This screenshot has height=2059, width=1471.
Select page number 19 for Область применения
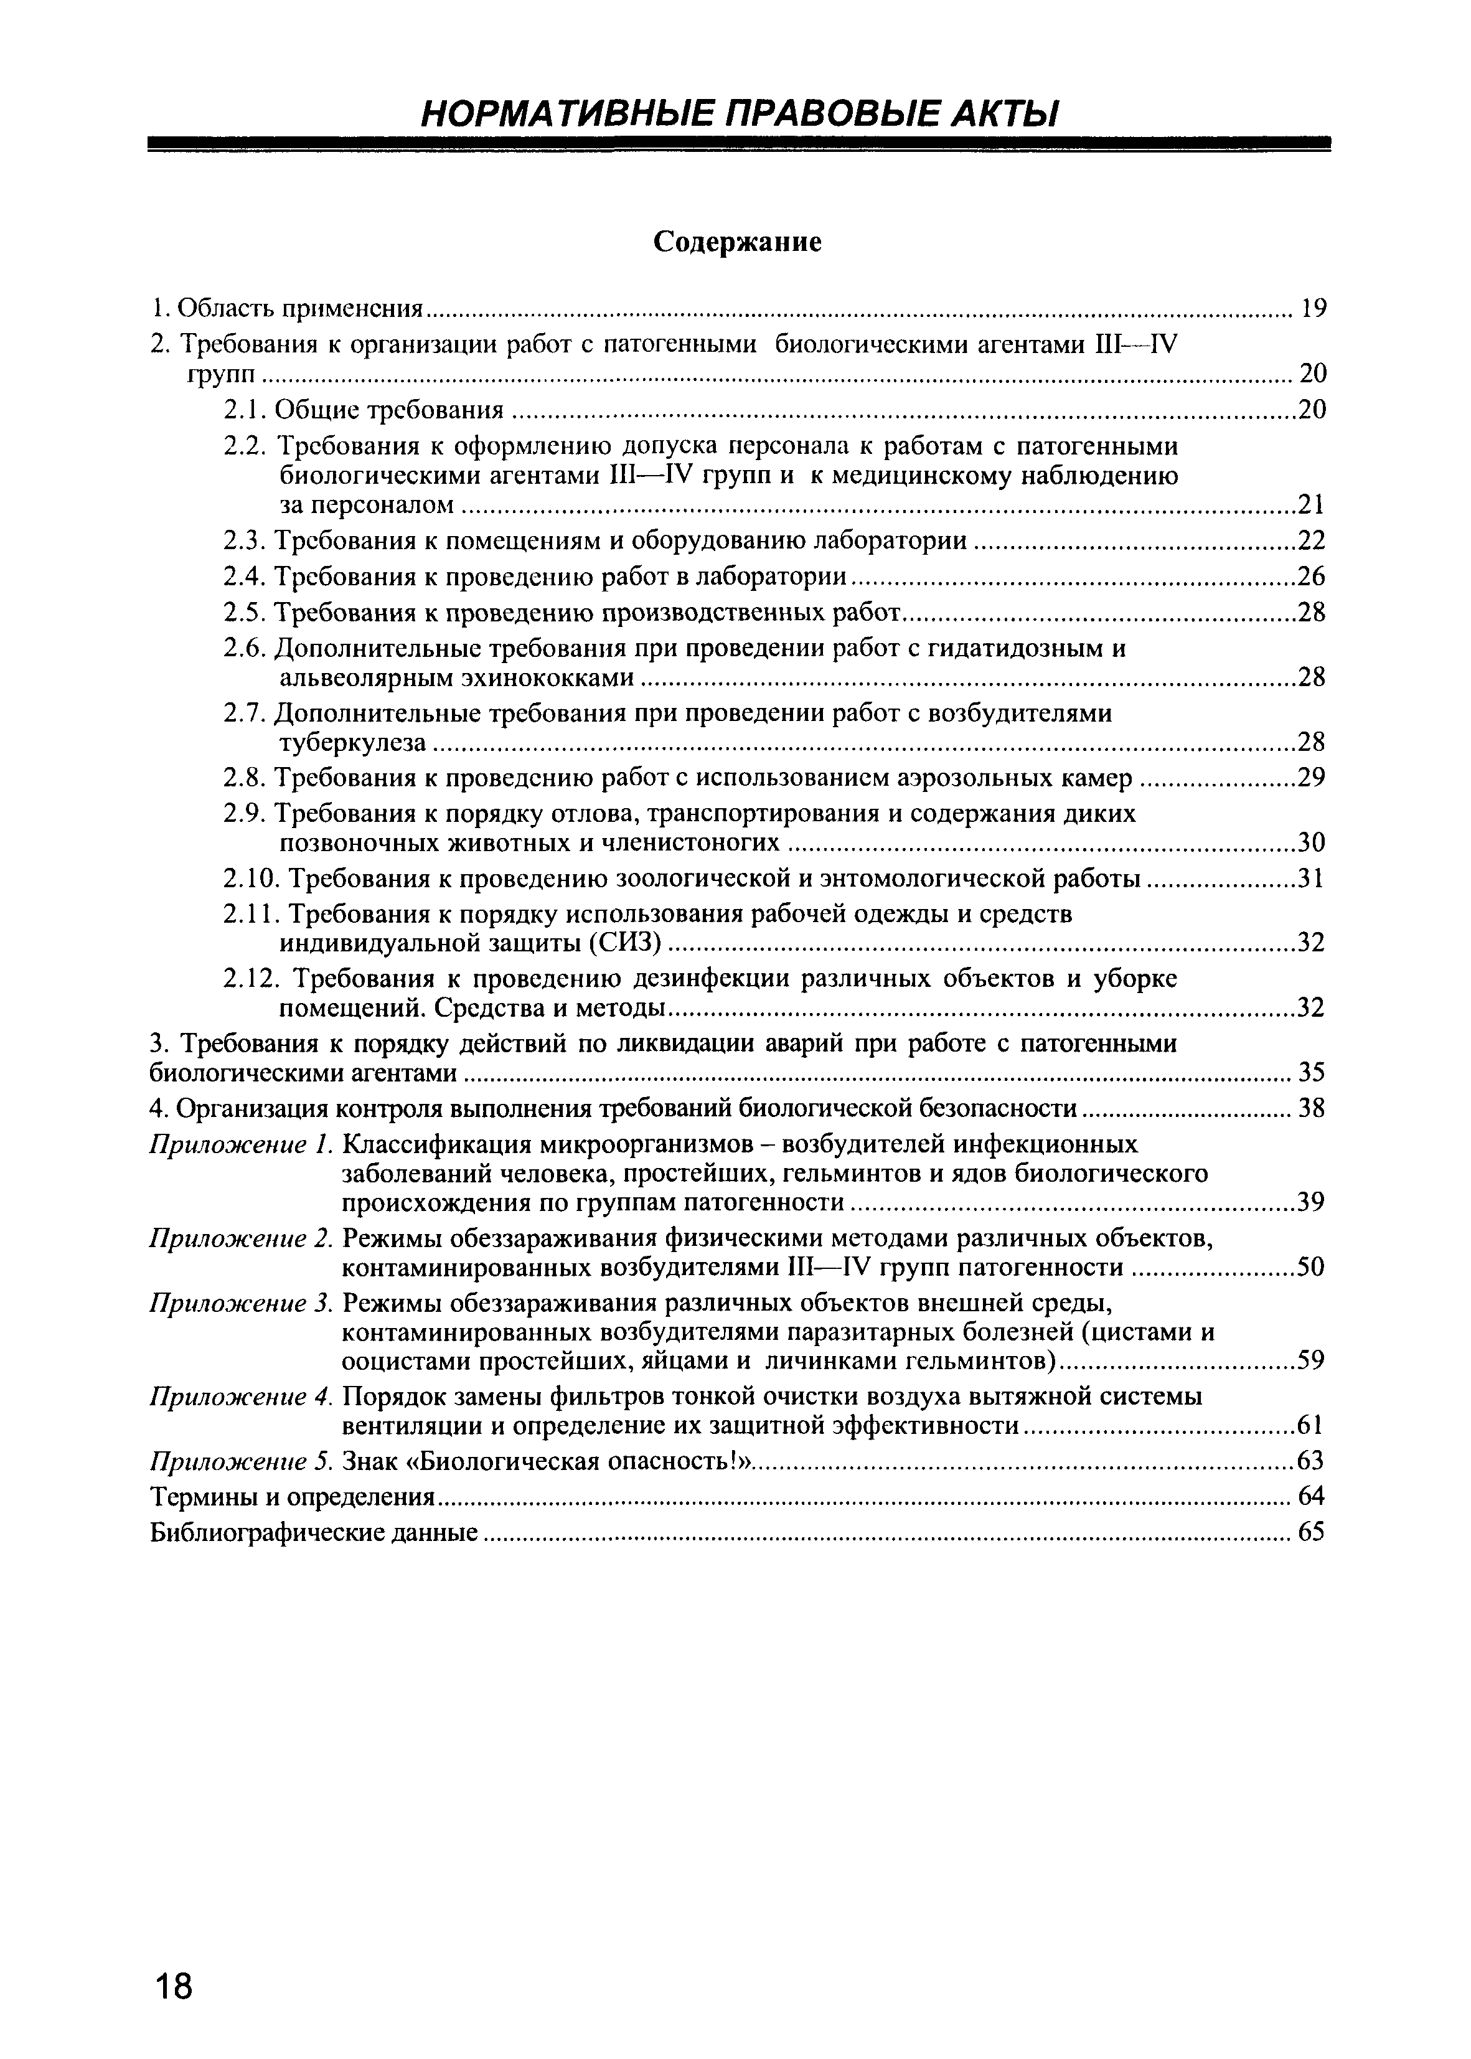pyautogui.click(x=1312, y=309)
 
